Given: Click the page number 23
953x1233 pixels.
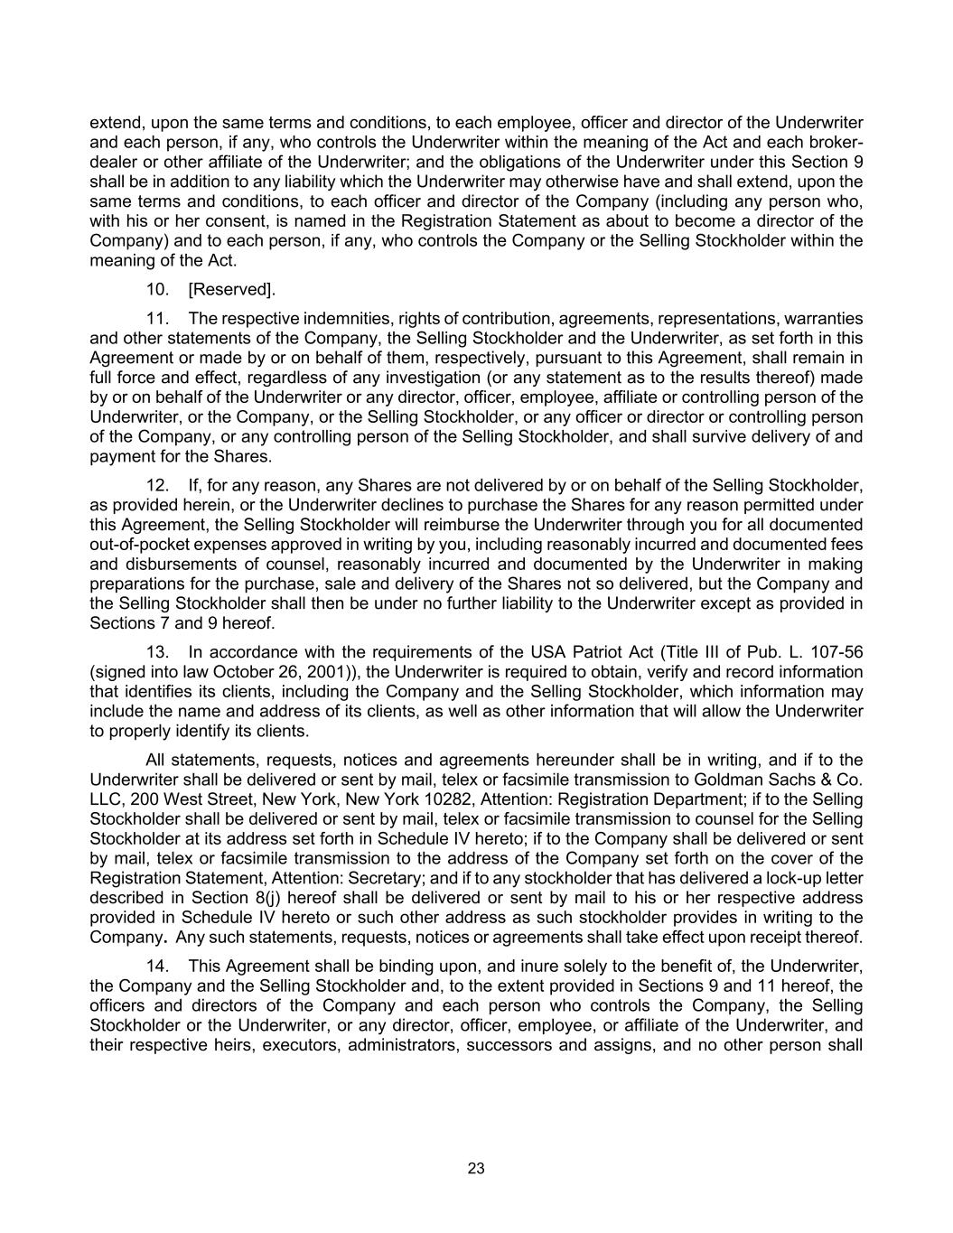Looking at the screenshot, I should pos(476,1168).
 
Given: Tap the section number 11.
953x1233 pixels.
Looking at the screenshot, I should pos(158,318).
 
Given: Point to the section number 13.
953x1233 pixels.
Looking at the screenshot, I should pos(158,651).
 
